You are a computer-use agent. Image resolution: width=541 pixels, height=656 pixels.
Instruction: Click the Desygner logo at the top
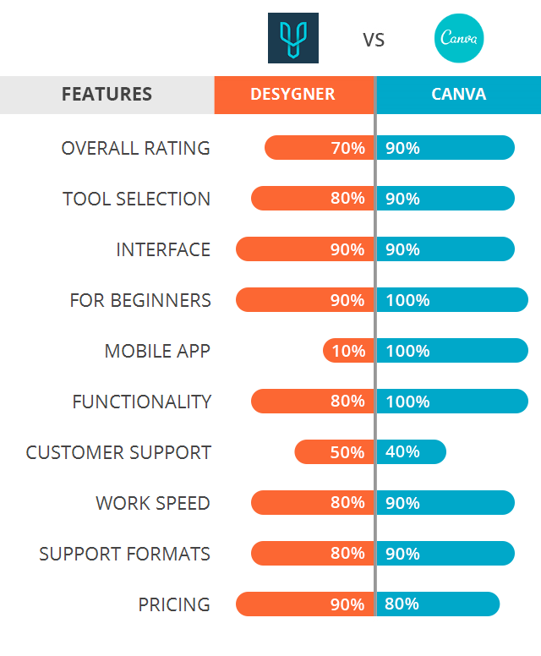click(292, 38)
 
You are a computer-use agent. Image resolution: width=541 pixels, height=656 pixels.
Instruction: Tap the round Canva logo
click(459, 38)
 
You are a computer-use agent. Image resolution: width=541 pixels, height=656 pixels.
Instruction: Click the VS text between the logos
click(374, 40)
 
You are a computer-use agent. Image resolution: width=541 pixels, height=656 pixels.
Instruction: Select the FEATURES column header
click(107, 94)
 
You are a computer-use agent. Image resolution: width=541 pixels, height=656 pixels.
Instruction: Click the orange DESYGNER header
click(292, 94)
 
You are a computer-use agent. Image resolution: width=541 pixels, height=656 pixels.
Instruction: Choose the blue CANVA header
click(458, 94)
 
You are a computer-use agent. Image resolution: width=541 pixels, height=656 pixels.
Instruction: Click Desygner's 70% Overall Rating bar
click(319, 148)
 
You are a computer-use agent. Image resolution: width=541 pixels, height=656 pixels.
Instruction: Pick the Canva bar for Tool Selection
click(445, 199)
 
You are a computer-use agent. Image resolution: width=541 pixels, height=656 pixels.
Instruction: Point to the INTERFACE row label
click(163, 249)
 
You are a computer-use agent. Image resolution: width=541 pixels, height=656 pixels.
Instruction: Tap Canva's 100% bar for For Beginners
click(452, 300)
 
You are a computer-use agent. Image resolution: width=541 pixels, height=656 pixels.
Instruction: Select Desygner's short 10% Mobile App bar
click(347, 351)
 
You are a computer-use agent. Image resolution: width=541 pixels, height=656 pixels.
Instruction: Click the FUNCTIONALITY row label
click(141, 402)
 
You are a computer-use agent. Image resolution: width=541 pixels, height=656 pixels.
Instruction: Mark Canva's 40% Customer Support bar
click(411, 452)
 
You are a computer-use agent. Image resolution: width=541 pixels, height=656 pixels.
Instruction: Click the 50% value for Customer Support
click(347, 452)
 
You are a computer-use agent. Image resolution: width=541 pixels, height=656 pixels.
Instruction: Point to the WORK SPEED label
click(153, 503)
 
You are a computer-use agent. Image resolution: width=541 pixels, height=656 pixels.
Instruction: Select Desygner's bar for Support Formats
click(312, 554)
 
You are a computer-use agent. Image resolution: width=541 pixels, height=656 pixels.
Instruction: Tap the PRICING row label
click(174, 604)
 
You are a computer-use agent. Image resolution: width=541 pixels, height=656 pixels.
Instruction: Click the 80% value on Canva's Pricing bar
click(402, 604)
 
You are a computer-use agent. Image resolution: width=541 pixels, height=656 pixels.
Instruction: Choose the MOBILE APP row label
click(157, 351)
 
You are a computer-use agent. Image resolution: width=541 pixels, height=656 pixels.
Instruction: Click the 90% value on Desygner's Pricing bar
click(347, 604)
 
